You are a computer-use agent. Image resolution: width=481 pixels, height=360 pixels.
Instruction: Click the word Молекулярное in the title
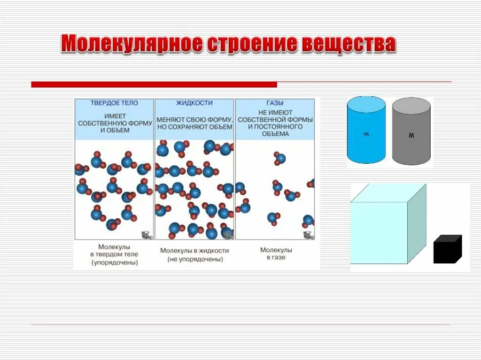(133, 44)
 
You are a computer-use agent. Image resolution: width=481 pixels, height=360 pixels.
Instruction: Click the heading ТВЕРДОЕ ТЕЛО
(115, 103)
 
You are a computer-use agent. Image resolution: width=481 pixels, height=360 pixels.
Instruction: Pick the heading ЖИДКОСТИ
(194, 103)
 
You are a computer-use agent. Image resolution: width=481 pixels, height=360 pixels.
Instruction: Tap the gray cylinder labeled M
(411, 132)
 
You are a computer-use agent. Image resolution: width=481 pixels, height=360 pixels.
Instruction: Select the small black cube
(447, 250)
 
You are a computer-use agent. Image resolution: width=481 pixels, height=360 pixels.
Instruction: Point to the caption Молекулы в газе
(276, 253)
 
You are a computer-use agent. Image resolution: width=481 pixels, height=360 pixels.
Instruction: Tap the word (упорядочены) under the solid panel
(115, 262)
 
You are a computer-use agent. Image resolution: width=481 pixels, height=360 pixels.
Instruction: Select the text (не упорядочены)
(194, 259)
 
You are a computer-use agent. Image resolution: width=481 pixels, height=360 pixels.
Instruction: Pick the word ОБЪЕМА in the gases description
(275, 134)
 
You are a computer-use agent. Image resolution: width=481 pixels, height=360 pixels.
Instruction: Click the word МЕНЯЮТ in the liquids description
(167, 119)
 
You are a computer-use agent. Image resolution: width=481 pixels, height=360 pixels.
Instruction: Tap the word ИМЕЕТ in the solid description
(115, 115)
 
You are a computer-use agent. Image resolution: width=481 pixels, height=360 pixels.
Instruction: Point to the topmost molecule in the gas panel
(279, 158)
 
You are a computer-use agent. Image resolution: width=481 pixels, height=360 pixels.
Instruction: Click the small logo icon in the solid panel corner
(145, 235)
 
